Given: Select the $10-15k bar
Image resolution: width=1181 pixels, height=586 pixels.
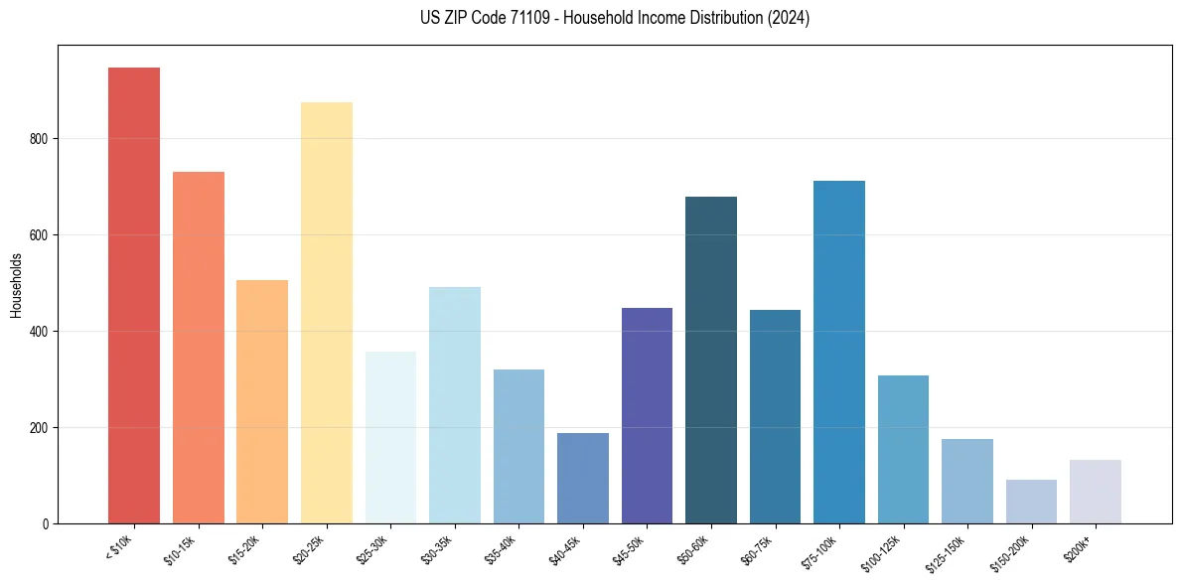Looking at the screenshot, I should [199, 348].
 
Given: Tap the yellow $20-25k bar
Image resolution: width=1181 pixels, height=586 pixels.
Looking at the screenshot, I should [327, 313].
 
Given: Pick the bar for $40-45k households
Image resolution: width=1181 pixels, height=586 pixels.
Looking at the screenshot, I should [583, 478].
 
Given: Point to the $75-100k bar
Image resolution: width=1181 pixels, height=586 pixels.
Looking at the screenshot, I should [839, 352].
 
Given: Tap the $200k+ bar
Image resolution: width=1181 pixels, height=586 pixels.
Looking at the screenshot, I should [1096, 492].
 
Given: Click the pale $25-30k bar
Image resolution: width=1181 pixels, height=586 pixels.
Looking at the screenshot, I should [390, 437].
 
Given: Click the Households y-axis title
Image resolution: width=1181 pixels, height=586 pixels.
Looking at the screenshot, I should [16, 284].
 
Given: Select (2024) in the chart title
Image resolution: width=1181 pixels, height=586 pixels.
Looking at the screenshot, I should [788, 18].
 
